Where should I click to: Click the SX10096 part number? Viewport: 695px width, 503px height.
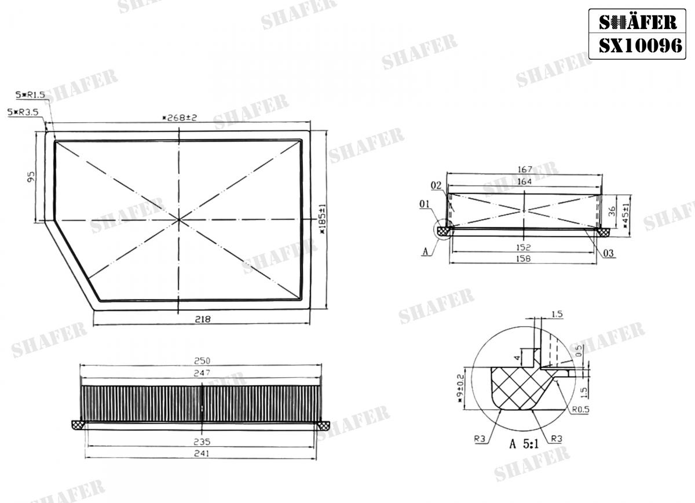click(641, 46)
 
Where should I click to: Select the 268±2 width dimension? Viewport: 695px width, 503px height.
click(180, 118)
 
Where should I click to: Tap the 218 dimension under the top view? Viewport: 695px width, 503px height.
click(202, 319)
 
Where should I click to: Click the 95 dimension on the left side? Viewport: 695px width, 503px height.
click(32, 176)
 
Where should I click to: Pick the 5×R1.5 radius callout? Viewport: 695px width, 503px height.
click(31, 94)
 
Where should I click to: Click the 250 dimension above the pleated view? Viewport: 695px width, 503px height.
click(202, 361)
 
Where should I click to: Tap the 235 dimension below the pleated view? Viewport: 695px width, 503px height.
click(202, 441)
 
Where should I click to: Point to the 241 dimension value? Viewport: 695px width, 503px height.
click(202, 454)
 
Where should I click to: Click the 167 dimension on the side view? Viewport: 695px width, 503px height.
click(524, 170)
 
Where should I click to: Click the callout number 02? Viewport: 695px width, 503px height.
click(437, 185)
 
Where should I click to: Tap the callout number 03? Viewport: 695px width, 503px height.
click(608, 253)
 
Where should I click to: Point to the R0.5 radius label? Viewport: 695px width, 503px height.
click(581, 410)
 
